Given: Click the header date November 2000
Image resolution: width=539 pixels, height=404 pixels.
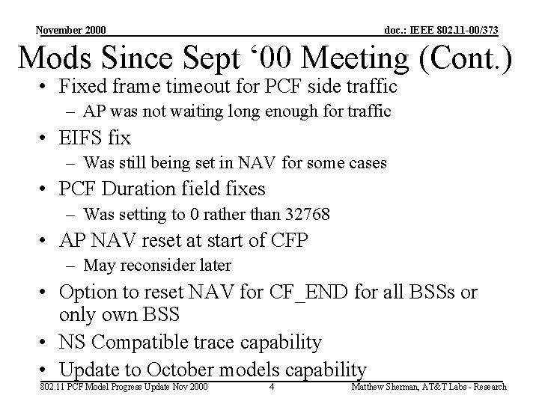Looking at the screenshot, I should click(70, 30).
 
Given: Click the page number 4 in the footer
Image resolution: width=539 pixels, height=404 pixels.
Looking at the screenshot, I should click(272, 387).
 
